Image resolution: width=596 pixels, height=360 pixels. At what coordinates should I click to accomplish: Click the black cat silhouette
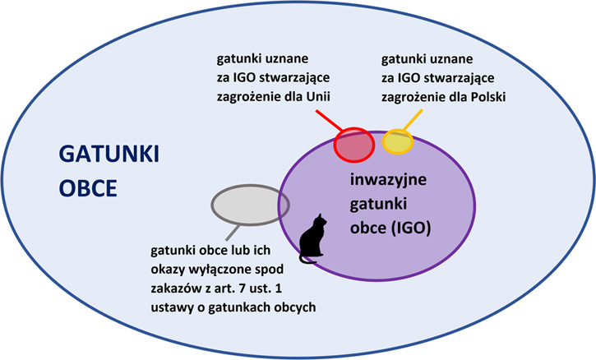coord(312,238)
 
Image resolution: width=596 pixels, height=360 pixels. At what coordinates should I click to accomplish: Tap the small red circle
coord(354,145)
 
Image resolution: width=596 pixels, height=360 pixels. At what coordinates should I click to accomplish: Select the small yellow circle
coord(398,141)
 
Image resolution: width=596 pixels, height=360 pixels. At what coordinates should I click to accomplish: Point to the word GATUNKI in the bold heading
coord(109,155)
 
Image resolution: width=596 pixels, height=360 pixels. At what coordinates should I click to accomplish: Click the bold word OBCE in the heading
coord(88,188)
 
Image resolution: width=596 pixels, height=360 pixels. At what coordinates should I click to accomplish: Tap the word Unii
coord(318,96)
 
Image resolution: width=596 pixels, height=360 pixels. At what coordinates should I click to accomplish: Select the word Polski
coord(488,97)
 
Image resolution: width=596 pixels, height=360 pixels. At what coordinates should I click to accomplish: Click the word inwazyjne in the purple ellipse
coord(388,180)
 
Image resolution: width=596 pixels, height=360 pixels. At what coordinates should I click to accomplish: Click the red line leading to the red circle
coord(329,121)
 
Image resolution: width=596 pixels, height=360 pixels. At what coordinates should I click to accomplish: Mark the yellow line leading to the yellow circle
coord(413,121)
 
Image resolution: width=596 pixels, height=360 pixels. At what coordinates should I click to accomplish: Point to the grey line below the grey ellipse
coord(233,233)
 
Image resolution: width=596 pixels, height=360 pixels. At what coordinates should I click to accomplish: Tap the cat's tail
coord(307,260)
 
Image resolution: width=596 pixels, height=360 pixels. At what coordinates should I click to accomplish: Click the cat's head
coord(320,220)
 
